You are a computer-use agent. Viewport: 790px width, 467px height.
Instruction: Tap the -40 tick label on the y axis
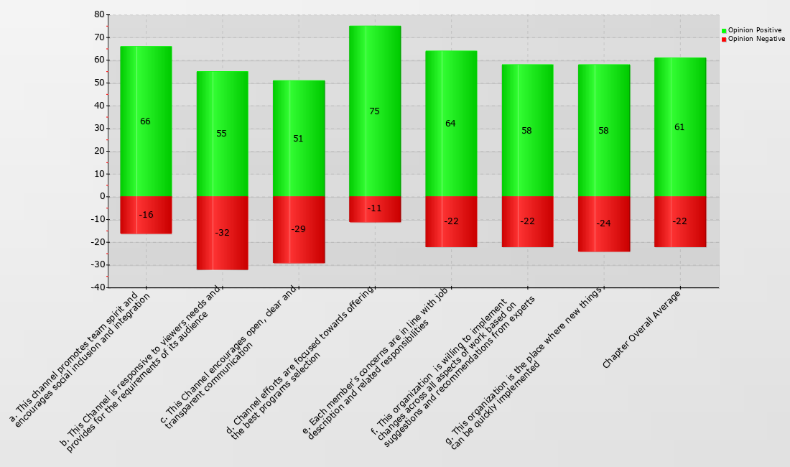pyautogui.click(x=96, y=287)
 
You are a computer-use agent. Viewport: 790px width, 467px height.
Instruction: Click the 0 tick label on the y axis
pyautogui.click(x=101, y=196)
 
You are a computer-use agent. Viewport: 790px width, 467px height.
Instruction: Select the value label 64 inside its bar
pyautogui.click(x=450, y=124)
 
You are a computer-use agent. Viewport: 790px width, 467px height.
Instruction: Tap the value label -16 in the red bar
pyautogui.click(x=146, y=215)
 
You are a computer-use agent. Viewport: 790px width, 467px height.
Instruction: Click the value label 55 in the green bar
pyautogui.click(x=221, y=134)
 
